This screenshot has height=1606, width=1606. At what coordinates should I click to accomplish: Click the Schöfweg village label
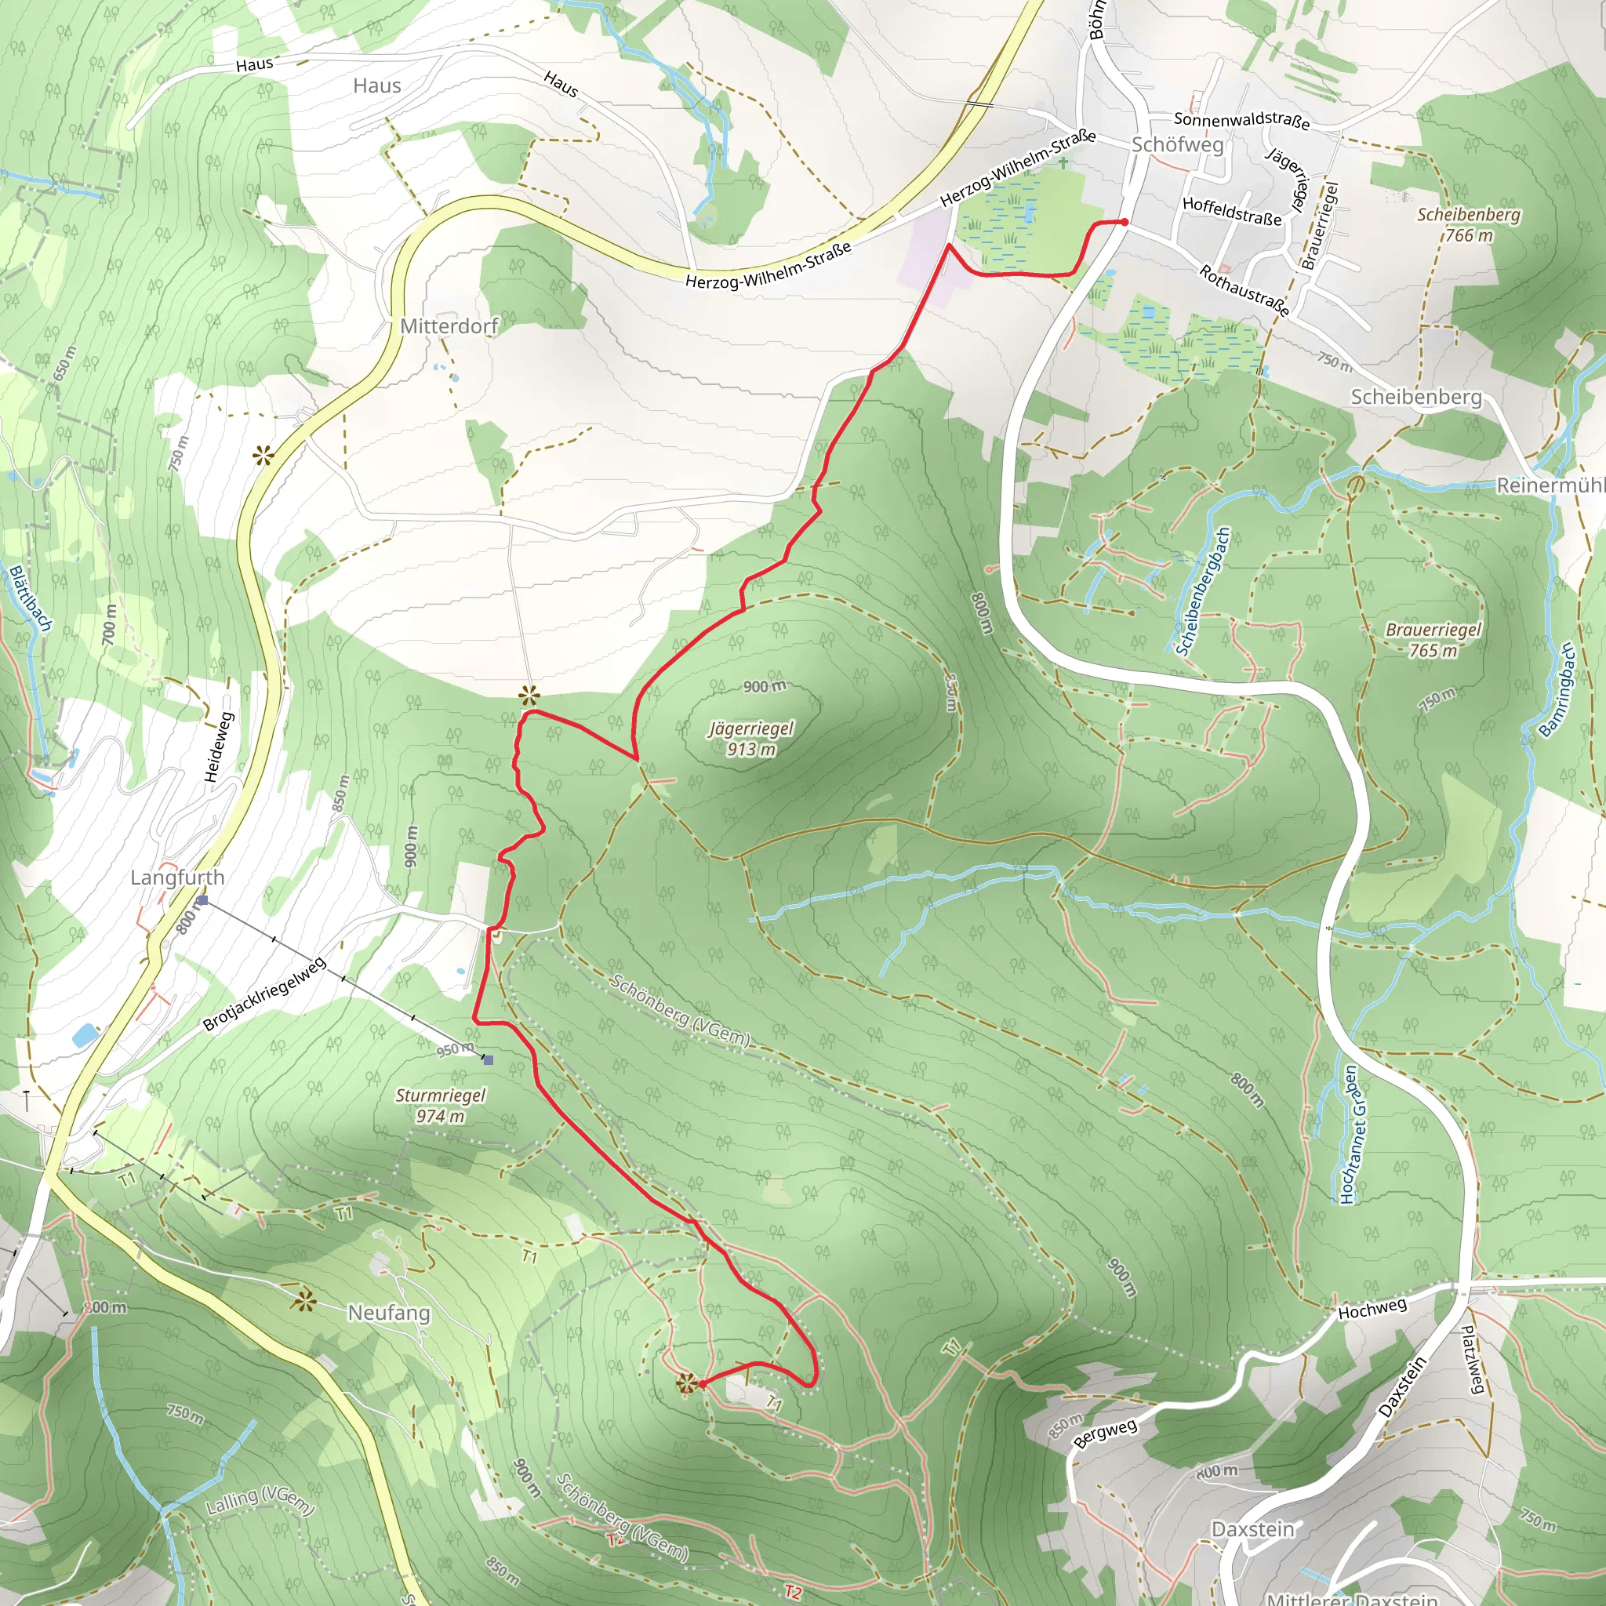1177,144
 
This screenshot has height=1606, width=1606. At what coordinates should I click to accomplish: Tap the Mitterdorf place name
449,326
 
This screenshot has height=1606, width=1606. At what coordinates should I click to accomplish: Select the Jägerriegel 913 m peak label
751,738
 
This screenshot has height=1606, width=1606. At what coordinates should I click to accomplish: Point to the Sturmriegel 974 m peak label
440,1106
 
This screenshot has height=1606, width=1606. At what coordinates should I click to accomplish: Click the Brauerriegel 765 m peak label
1433,640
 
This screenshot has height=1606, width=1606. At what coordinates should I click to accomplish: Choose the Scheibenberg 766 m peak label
1468,224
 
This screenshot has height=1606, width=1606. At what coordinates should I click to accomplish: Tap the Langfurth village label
177,877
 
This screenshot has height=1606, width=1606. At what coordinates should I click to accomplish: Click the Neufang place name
389,1313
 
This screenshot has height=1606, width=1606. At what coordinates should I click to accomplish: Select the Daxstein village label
1252,1529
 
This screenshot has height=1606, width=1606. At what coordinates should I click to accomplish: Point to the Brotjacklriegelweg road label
265,995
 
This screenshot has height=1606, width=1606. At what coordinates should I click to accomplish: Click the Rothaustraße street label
1244,290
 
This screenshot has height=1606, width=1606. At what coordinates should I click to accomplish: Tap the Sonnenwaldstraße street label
1241,121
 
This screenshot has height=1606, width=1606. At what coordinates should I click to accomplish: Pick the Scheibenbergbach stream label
1201,591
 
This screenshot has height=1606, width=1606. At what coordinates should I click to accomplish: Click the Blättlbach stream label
31,598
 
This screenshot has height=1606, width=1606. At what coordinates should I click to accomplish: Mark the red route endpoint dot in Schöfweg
1125,222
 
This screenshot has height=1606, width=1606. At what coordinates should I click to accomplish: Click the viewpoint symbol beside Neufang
303,1302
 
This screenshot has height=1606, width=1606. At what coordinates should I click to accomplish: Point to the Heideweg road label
220,747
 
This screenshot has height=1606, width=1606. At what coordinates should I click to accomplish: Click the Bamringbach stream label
1557,690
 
